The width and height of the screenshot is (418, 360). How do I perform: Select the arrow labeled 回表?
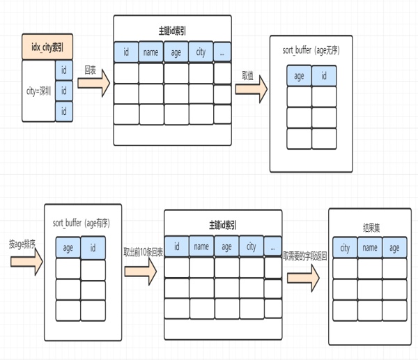(x=93, y=84)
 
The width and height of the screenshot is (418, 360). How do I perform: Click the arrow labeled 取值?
(x=251, y=88)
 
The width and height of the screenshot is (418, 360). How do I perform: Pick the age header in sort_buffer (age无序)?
(x=299, y=76)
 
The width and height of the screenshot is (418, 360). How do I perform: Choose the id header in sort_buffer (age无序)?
(x=324, y=76)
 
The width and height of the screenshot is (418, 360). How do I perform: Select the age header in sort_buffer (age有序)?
(x=68, y=247)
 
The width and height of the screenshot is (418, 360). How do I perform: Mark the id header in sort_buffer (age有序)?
(x=93, y=247)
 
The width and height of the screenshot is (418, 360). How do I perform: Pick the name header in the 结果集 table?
(x=370, y=249)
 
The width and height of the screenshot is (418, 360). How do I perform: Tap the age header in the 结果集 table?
(x=395, y=249)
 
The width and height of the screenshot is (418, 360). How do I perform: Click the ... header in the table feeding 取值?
(x=222, y=52)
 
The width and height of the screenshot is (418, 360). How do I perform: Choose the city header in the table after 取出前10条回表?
(x=251, y=246)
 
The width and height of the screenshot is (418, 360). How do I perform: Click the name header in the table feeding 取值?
(x=150, y=52)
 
